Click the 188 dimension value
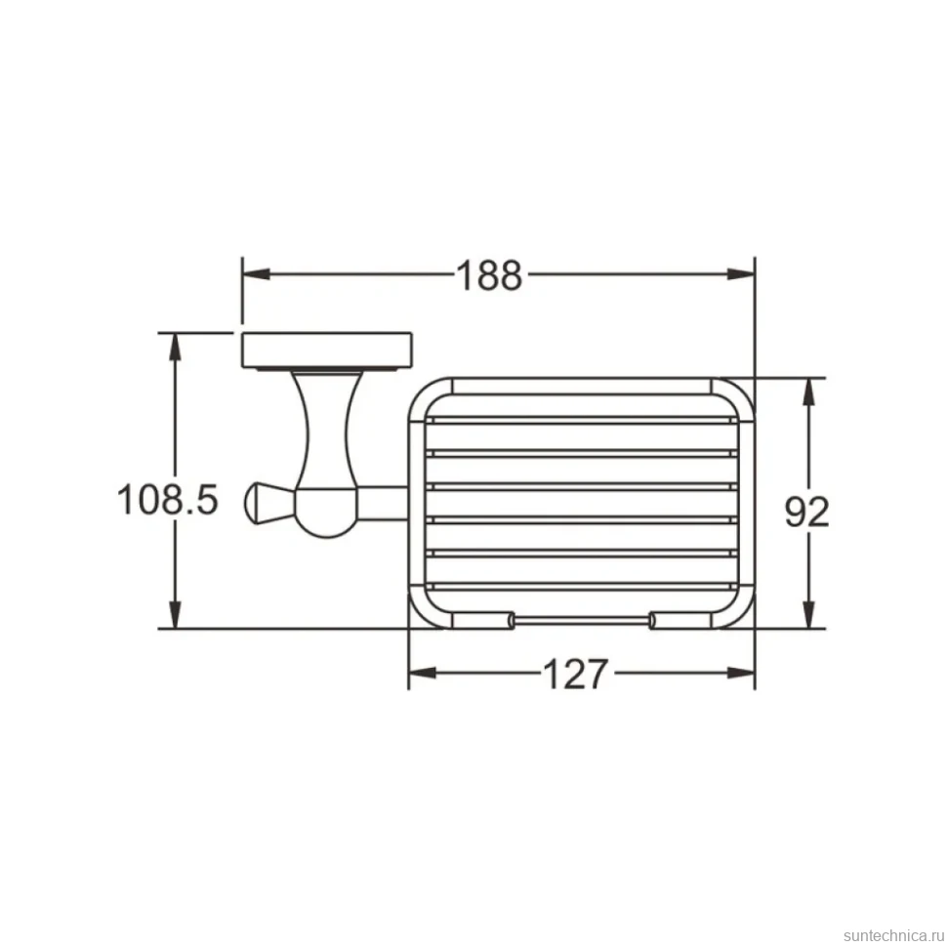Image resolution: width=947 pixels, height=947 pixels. (x=488, y=275)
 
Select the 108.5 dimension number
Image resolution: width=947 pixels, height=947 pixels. (x=167, y=500)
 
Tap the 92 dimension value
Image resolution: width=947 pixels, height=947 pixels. (x=806, y=512)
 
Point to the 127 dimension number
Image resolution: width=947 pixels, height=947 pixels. (x=574, y=674)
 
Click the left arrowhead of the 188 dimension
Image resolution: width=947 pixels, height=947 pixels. (x=256, y=274)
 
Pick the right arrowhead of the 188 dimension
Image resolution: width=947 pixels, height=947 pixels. (x=741, y=274)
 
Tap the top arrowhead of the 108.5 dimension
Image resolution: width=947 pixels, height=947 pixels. (x=175, y=347)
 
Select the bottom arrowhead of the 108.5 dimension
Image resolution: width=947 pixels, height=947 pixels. (x=175, y=615)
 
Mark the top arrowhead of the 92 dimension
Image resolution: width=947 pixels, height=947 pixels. (x=810, y=391)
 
